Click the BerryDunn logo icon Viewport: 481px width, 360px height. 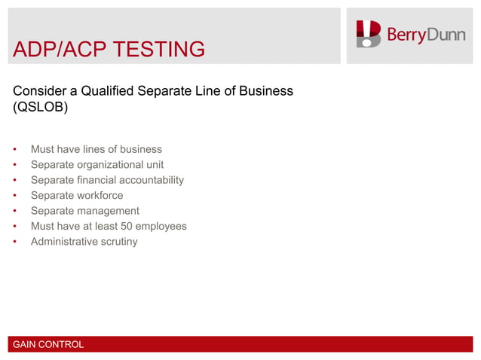[x=369, y=34]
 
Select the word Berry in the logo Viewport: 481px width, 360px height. [x=406, y=35]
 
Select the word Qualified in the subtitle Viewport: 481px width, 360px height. [x=106, y=91]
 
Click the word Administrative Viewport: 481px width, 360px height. [x=64, y=242]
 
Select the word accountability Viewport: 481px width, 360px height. [x=147, y=180]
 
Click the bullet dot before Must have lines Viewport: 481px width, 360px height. [x=15, y=149]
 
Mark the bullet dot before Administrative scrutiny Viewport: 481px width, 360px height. [x=15, y=242]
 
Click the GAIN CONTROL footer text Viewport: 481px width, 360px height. [x=48, y=345]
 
